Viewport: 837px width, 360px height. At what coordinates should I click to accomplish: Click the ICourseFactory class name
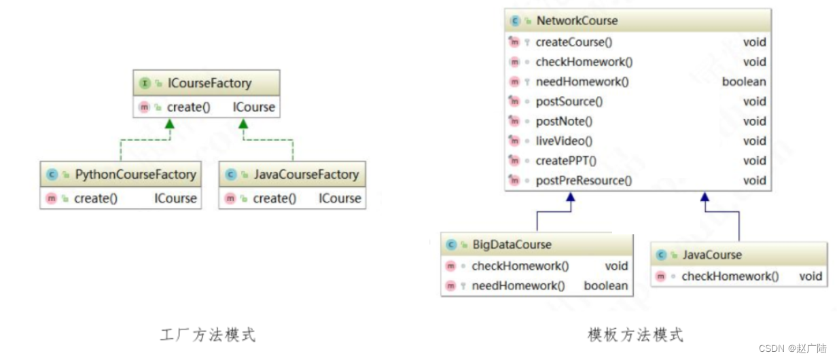(209, 84)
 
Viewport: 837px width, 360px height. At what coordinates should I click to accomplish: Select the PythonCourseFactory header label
(135, 175)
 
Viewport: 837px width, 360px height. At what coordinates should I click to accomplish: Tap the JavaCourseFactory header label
(306, 175)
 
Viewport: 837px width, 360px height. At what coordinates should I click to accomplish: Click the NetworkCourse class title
(577, 21)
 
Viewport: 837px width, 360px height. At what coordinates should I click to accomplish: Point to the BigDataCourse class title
(512, 245)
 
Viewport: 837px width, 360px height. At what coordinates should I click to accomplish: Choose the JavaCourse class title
(711, 255)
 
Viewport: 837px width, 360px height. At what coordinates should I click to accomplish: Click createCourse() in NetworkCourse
(574, 42)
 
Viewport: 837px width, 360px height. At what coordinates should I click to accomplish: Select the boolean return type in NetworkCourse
(744, 82)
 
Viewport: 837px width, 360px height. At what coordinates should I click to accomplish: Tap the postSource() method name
(569, 101)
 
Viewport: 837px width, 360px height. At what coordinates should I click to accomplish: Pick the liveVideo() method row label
(564, 141)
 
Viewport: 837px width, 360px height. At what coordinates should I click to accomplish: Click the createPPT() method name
(566, 161)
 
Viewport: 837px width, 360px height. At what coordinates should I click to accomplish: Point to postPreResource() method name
(584, 181)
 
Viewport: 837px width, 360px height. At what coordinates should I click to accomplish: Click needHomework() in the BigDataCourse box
(518, 286)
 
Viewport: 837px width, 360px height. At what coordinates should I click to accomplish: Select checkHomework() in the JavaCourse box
(730, 276)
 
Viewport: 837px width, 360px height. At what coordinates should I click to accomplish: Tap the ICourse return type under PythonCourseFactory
(175, 199)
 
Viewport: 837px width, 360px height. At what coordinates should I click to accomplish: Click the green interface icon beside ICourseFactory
(145, 84)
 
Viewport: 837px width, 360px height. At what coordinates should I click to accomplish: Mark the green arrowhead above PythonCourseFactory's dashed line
(169, 124)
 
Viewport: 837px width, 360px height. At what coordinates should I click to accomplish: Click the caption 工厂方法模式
(208, 335)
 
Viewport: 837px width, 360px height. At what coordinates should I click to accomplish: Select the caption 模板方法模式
(635, 335)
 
